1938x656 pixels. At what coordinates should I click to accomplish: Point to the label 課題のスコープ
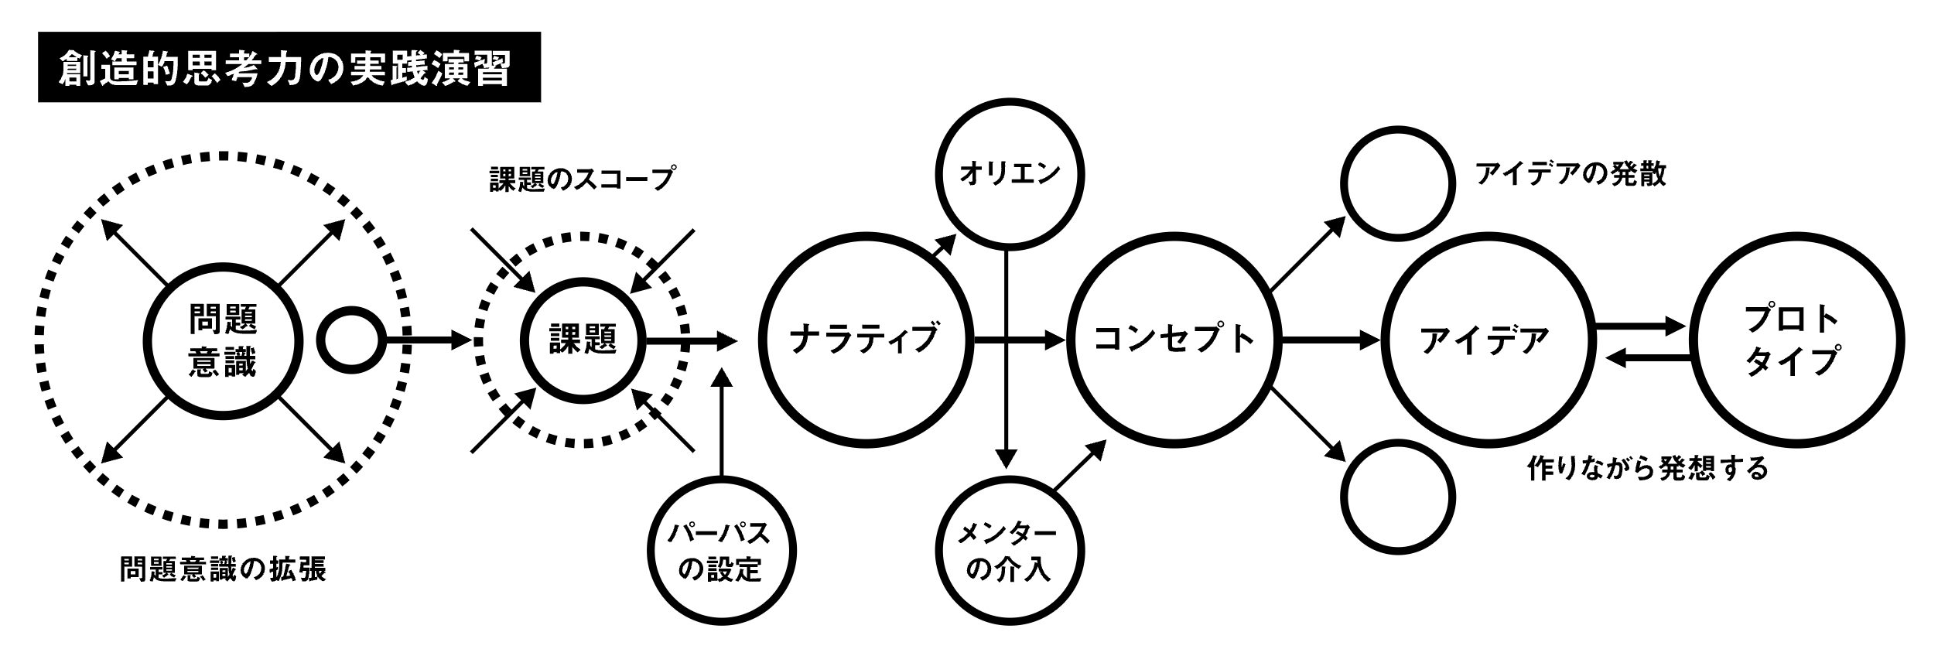(582, 179)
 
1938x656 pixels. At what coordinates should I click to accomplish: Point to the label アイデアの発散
(1571, 175)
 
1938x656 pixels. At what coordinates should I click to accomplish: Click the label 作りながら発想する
(1649, 469)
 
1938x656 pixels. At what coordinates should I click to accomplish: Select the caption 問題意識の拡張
(223, 570)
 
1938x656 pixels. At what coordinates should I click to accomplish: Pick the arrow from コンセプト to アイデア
(1331, 340)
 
